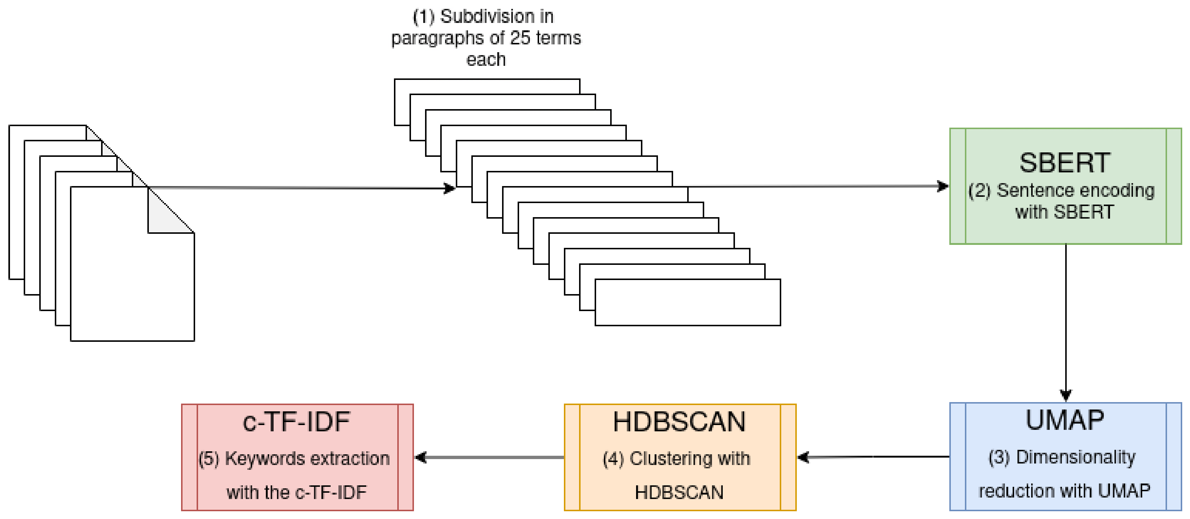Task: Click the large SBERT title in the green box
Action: (1064, 163)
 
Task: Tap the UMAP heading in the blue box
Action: (1064, 420)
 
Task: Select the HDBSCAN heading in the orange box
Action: (679, 422)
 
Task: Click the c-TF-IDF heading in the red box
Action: (296, 422)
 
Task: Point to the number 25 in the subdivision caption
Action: (520, 38)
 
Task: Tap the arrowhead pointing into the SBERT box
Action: (942, 186)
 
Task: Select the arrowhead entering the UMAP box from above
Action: (1065, 395)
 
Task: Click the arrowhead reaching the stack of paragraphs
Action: (449, 188)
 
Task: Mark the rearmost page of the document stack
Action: (16, 203)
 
